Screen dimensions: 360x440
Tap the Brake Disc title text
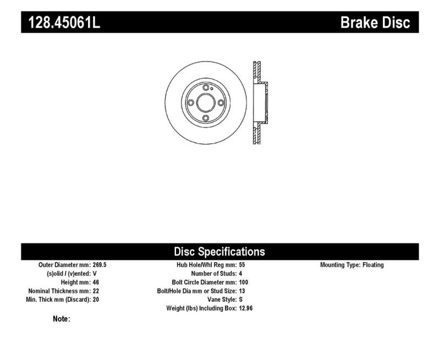[x=375, y=22]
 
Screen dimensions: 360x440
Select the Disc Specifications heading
[x=219, y=252]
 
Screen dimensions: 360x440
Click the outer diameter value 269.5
[x=100, y=265]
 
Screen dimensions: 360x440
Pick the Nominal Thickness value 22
[x=96, y=291]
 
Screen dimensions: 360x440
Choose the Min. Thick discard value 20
[x=96, y=300]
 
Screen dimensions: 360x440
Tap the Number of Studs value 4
[x=241, y=274]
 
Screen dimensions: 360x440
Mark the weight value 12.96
[x=246, y=309]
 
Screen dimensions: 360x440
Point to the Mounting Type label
[x=340, y=265]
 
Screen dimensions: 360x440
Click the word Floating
[x=373, y=265]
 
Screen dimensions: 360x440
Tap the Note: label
[x=61, y=319]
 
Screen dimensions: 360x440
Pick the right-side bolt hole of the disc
[x=220, y=102]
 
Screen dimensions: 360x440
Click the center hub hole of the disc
[x=205, y=102]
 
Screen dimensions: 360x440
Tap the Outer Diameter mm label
[x=62, y=265]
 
